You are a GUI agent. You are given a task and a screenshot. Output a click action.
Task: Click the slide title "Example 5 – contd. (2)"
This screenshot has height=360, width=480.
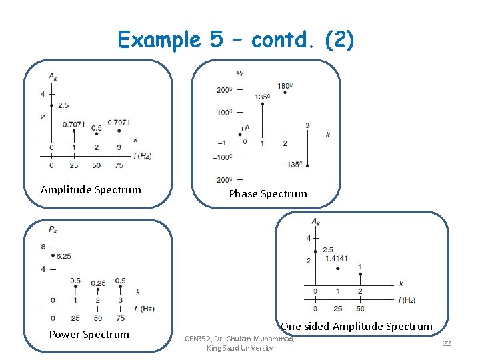click(x=236, y=40)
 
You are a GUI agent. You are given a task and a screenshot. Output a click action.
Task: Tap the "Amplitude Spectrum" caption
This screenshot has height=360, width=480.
click(x=91, y=190)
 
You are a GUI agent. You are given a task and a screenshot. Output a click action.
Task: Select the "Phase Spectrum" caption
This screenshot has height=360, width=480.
click(x=268, y=194)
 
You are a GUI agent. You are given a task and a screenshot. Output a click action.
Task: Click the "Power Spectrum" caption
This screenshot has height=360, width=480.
click(x=89, y=335)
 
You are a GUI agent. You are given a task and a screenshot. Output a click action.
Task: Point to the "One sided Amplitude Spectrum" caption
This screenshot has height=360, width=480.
click(x=357, y=326)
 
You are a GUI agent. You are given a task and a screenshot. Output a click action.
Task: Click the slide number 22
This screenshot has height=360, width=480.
click(x=447, y=343)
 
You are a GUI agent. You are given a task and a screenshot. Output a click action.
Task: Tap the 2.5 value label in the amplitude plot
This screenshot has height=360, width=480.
click(x=63, y=105)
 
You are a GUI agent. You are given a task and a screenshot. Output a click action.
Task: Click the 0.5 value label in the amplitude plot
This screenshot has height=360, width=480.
click(x=97, y=127)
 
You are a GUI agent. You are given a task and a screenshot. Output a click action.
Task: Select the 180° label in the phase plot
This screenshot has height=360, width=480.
click(x=285, y=86)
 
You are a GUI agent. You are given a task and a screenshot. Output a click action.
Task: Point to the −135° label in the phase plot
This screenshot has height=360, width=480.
click(x=293, y=164)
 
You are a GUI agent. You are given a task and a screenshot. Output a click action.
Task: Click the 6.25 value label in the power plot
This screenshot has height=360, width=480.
click(x=64, y=256)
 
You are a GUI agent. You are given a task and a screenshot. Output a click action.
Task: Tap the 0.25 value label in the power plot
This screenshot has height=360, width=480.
click(x=98, y=283)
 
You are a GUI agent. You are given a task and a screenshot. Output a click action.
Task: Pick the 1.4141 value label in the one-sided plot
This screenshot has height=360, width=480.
click(x=336, y=259)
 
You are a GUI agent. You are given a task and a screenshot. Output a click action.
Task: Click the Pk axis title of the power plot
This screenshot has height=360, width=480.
click(x=53, y=229)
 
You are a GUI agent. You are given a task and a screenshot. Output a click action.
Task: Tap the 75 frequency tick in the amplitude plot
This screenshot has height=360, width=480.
click(x=119, y=165)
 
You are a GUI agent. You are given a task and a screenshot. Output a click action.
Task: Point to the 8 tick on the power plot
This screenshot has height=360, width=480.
click(x=42, y=247)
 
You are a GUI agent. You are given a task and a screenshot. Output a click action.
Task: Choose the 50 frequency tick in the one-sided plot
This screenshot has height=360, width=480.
click(x=360, y=309)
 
